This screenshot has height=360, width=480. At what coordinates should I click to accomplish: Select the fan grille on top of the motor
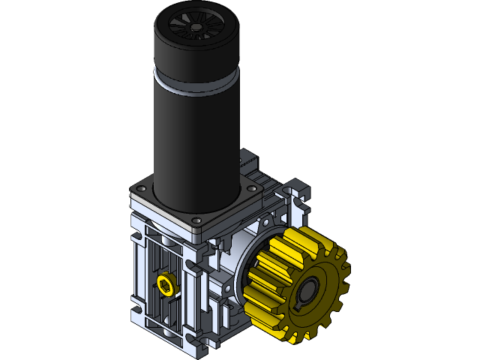[x=196, y=27]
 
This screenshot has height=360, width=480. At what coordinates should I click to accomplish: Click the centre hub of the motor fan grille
[x=196, y=27]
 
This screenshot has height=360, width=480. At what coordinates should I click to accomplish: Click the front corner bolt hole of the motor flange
[x=196, y=220]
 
